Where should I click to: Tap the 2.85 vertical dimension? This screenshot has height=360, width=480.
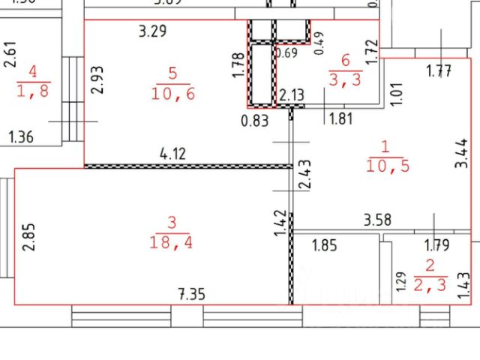(28, 237)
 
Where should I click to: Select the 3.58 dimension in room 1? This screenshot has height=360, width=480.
(376, 220)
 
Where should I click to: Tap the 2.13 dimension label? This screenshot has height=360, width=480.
(291, 95)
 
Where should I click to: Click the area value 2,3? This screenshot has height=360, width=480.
(430, 284)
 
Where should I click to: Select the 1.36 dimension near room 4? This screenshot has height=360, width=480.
(22, 136)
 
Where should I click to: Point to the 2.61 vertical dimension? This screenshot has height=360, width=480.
(9, 55)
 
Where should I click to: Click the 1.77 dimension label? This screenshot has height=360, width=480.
(439, 72)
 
